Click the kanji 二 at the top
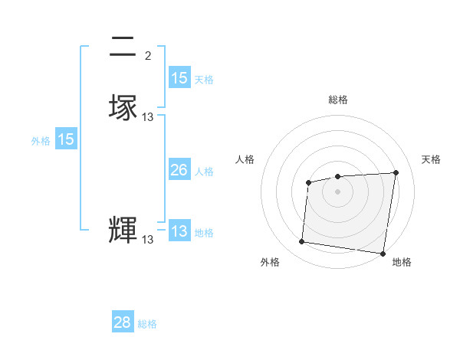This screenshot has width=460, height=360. tap(123, 47)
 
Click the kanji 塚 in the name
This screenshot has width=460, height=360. tap(123, 106)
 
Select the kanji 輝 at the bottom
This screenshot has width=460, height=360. tap(123, 230)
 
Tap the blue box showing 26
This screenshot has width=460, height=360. tap(179, 170)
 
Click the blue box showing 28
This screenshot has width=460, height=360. tap(123, 322)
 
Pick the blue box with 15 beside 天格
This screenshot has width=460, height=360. tap(179, 78)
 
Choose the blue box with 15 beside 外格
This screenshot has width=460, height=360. tap(66, 139)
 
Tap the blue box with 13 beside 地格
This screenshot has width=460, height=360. tap(179, 231)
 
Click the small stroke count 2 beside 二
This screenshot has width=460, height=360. tap(148, 56)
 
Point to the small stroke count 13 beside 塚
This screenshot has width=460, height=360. tap(148, 117)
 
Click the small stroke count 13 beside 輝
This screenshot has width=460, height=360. tap(148, 240)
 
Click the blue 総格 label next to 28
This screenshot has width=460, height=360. tap(147, 324)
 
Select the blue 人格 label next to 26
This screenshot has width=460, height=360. tap(204, 172)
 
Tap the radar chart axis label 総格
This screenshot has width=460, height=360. tap(337, 100)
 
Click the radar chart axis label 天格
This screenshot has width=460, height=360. tap(431, 159)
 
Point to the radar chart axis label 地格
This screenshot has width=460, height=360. tap(402, 262)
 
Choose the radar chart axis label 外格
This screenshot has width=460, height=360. tap(270, 262)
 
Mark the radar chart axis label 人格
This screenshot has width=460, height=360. tap(245, 159)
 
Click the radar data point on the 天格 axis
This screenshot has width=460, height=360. tap(396, 172)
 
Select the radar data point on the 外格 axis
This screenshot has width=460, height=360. tap(302, 242)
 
